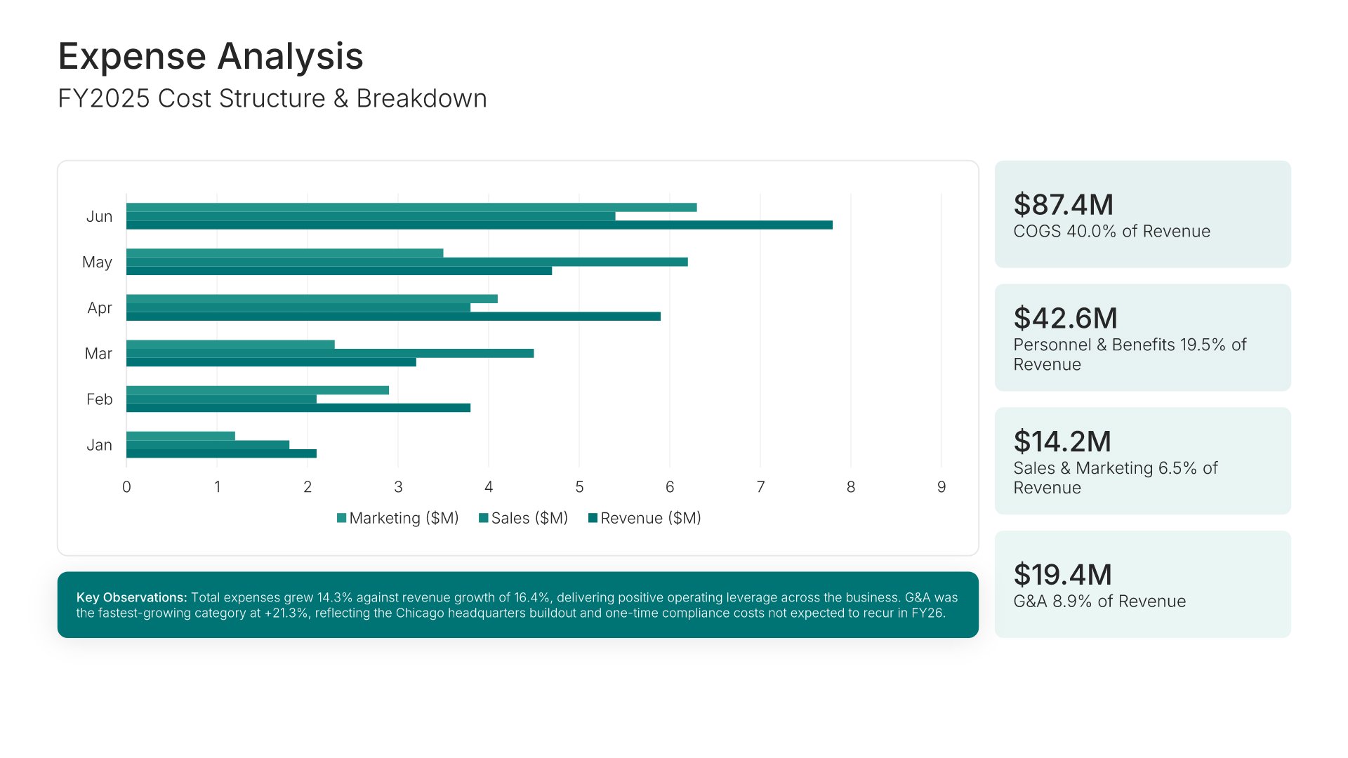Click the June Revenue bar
click(479, 225)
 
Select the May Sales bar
click(407, 262)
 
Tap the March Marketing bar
click(230, 345)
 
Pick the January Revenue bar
click(221, 453)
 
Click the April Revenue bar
click(393, 317)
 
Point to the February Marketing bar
click(257, 390)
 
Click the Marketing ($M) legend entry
click(397, 518)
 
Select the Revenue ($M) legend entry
click(645, 518)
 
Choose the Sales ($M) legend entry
click(523, 518)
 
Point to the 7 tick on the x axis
click(760, 487)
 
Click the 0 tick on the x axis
click(126, 487)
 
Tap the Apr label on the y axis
click(100, 308)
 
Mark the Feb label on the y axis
click(99, 399)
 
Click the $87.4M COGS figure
click(1063, 205)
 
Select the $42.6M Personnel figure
click(1065, 319)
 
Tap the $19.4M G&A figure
click(1062, 575)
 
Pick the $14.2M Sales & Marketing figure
click(1062, 442)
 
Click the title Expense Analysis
click(211, 56)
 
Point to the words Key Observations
click(131, 598)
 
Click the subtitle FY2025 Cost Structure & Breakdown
click(272, 99)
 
